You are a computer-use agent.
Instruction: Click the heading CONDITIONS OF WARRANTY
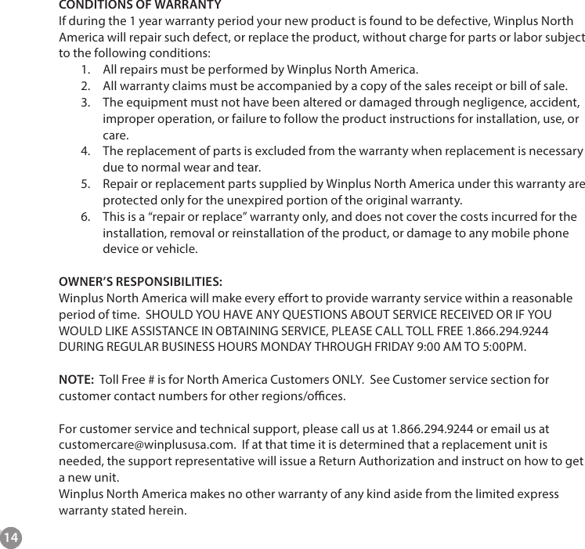pyautogui.click(x=140, y=5)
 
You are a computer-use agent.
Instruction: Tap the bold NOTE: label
pyautogui.click(x=77, y=381)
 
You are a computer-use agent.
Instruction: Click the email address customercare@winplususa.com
pyautogui.click(x=148, y=446)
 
